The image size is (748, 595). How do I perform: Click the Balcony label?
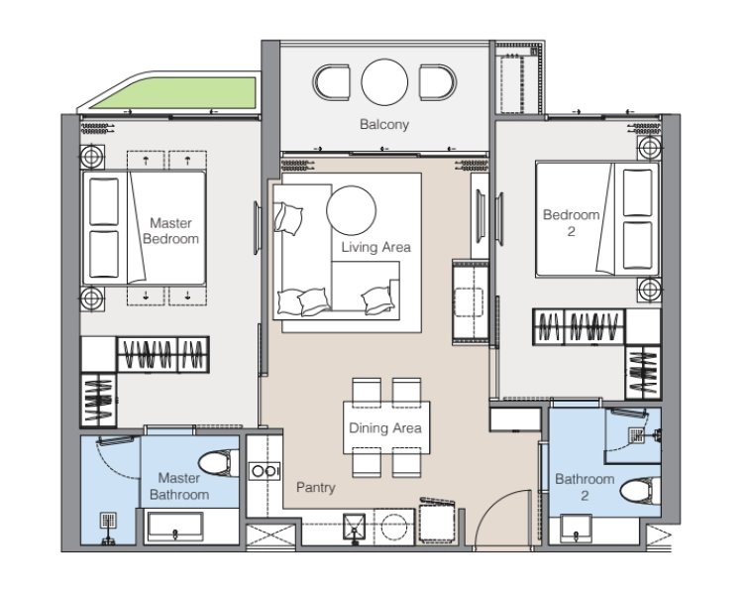pyautogui.click(x=384, y=125)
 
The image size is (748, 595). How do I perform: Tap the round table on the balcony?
pyautogui.click(x=384, y=82)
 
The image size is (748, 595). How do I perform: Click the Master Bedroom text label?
pyautogui.click(x=170, y=231)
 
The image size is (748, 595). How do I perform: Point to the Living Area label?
pyautogui.click(x=375, y=247)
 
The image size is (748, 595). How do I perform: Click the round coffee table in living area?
pyautogui.click(x=351, y=210)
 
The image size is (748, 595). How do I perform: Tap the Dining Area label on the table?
pyautogui.click(x=385, y=427)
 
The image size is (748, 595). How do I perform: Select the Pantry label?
pyautogui.click(x=316, y=488)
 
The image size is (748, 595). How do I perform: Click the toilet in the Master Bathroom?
pyautogui.click(x=219, y=463)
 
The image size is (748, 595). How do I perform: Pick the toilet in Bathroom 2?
pyautogui.click(x=641, y=492)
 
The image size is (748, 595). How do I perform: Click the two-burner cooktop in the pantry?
pyautogui.click(x=265, y=471)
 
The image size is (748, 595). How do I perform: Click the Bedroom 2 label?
pyautogui.click(x=571, y=223)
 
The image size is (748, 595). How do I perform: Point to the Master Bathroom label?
pyautogui.click(x=179, y=486)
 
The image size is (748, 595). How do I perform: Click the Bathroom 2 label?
pyautogui.click(x=585, y=487)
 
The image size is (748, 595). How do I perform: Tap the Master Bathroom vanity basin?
pyautogui.click(x=175, y=527)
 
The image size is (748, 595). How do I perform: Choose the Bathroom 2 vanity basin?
pyautogui.click(x=577, y=529)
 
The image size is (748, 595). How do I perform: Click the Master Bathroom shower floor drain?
pyautogui.click(x=109, y=521)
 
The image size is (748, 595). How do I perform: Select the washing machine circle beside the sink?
pyautogui.click(x=394, y=528)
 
